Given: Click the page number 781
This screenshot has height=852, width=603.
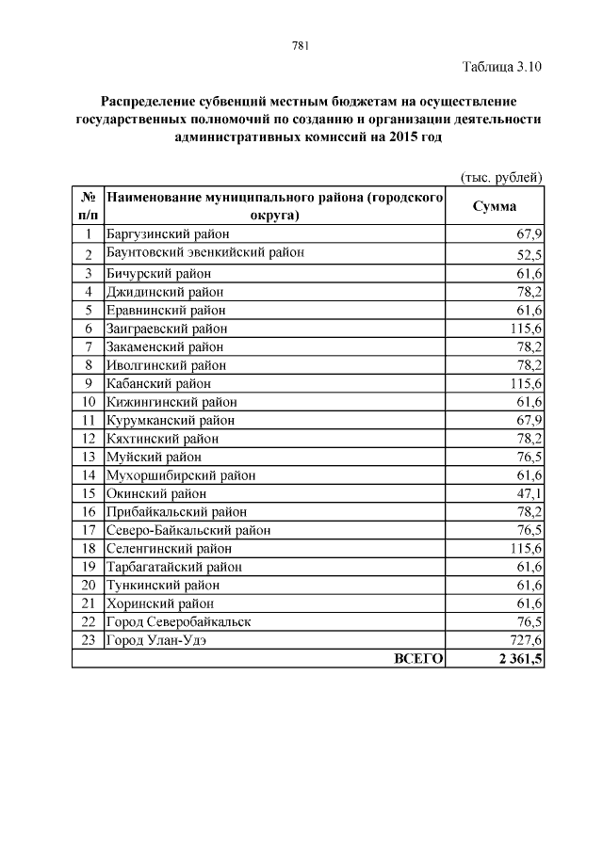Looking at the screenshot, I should [301, 46].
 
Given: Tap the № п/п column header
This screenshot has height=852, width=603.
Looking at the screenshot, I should [87, 207].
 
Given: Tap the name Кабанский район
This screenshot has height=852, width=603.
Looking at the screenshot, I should [158, 383].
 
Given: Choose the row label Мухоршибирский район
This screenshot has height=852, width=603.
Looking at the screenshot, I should [181, 474].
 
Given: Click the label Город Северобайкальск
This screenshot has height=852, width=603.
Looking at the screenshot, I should [178, 621].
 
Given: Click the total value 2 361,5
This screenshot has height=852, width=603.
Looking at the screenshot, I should [514, 658].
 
